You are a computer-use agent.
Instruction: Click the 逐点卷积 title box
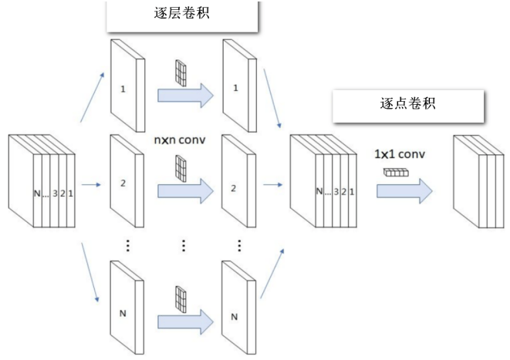pyautogui.click(x=408, y=104)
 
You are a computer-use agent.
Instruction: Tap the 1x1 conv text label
pyautogui.click(x=400, y=154)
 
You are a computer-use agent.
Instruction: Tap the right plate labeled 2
pyautogui.click(x=236, y=185)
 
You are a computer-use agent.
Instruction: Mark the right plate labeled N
pyautogui.click(x=236, y=312)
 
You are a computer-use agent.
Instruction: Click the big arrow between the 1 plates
pyautogui.click(x=185, y=95)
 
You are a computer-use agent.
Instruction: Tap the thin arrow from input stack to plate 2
pyautogui.click(x=92, y=185)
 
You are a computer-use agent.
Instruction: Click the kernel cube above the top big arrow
pyautogui.click(x=181, y=72)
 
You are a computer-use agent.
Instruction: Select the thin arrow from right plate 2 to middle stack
pyautogui.click(x=271, y=185)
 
